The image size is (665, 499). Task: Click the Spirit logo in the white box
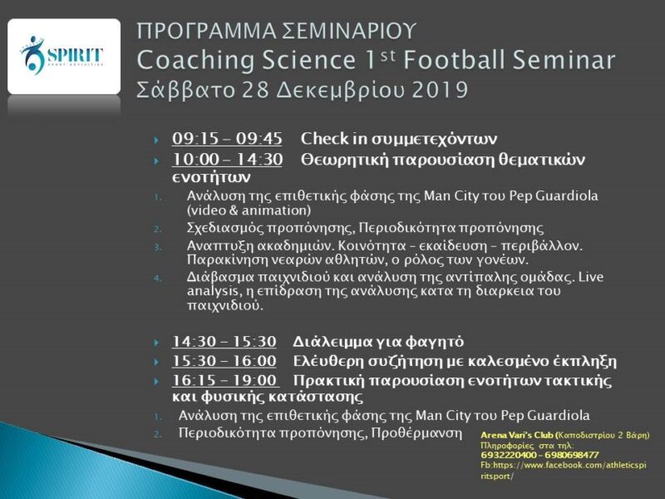(62, 56)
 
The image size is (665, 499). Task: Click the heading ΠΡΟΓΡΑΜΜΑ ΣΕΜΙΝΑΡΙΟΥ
(276, 32)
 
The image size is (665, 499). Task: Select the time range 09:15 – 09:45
(227, 138)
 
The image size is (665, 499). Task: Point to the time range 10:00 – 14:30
(227, 159)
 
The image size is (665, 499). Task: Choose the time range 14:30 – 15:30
(224, 342)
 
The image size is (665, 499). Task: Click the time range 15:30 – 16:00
(224, 361)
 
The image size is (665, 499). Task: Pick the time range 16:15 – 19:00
(224, 380)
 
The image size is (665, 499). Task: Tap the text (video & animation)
(249, 210)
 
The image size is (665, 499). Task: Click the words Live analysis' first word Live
(591, 277)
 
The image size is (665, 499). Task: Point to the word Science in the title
(308, 60)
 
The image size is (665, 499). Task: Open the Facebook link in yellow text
(564, 471)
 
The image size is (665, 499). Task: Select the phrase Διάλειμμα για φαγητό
(378, 342)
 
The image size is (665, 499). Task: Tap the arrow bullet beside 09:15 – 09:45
(156, 140)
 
